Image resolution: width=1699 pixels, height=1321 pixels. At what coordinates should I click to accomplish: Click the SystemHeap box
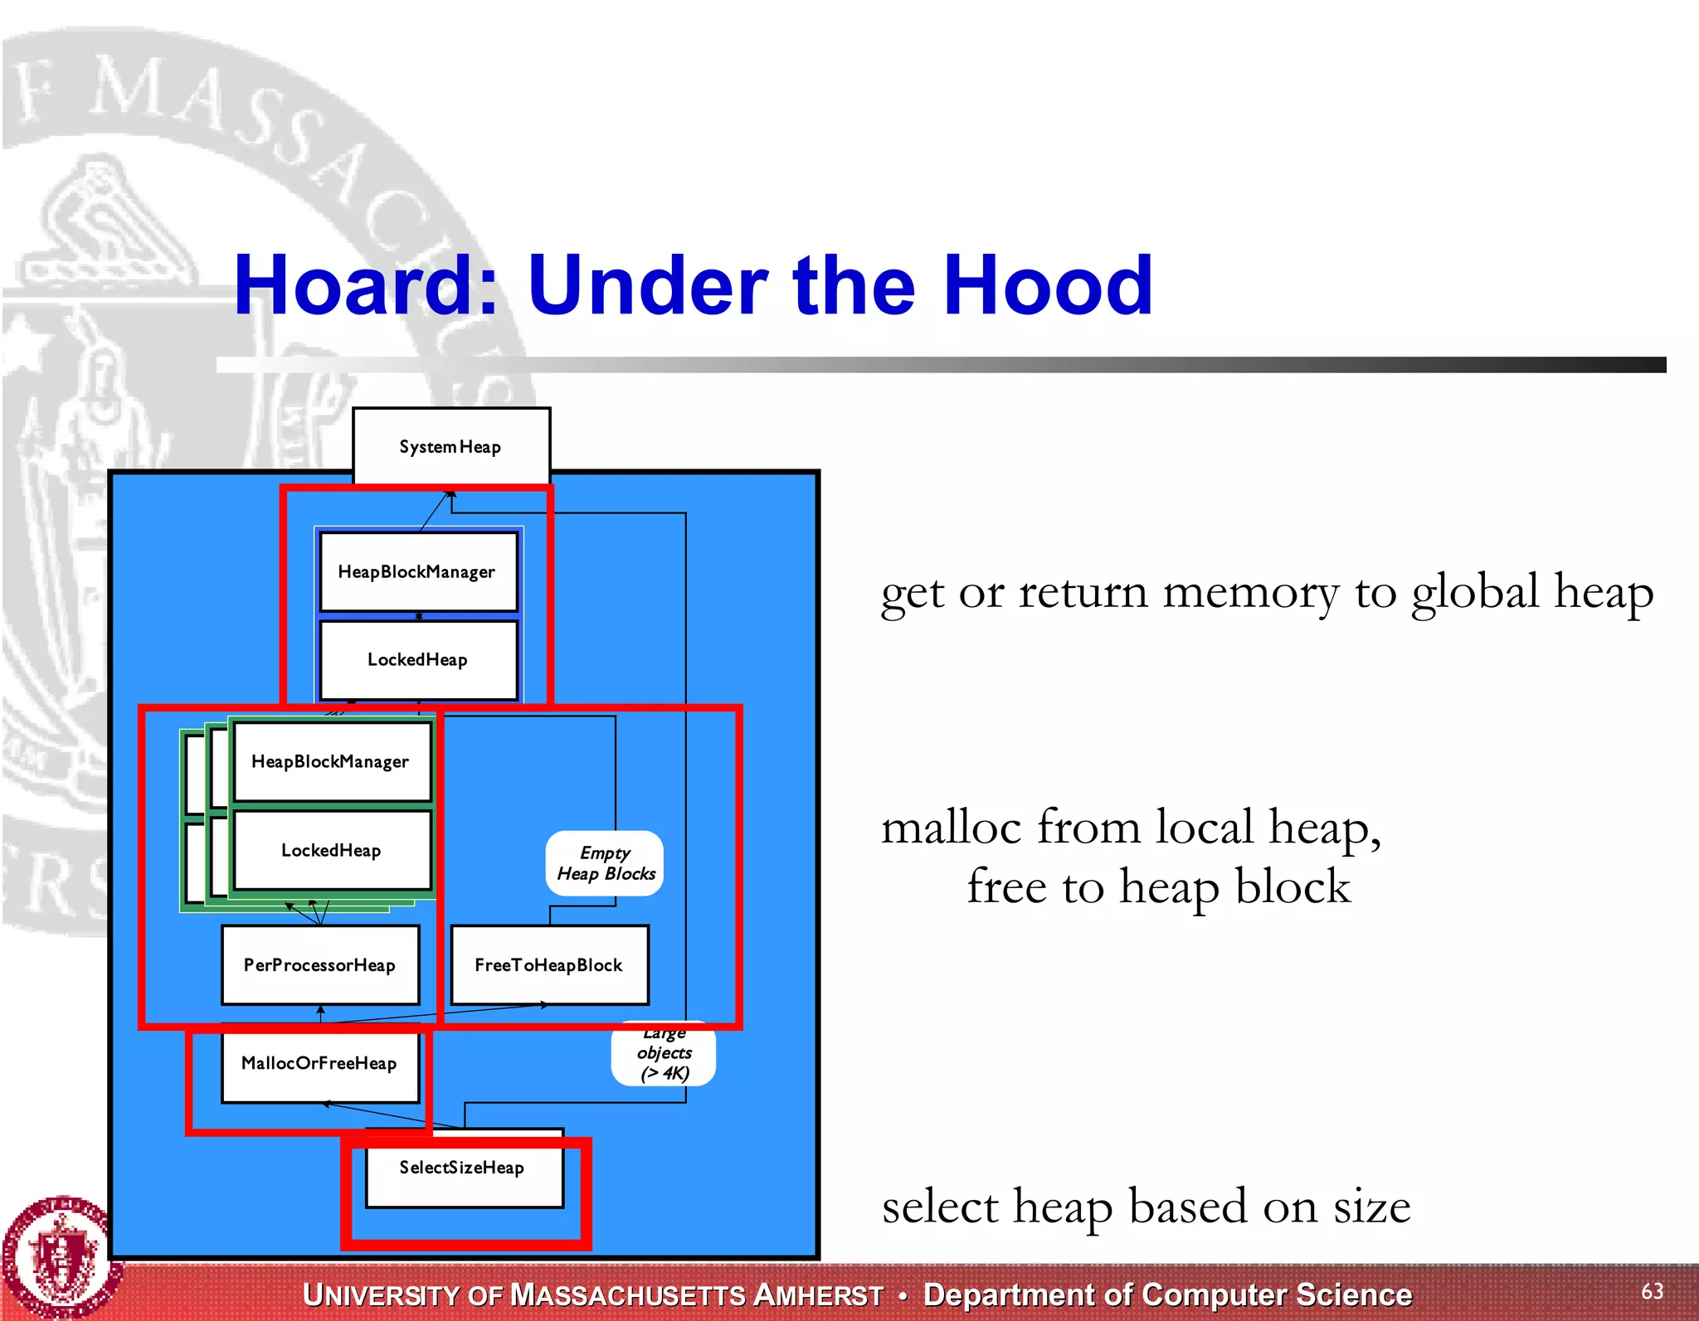tap(450, 446)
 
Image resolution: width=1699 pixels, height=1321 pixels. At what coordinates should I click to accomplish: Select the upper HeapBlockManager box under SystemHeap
tap(417, 571)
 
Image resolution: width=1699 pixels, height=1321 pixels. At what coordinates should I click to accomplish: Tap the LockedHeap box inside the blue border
tap(417, 660)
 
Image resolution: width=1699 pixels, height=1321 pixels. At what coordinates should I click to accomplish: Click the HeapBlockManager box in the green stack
tap(331, 761)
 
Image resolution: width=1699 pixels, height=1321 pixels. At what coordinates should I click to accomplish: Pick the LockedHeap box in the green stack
tap(331, 850)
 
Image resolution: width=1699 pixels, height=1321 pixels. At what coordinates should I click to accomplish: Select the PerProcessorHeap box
tap(319, 964)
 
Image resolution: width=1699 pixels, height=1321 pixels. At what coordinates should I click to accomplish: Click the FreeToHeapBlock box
tap(548, 964)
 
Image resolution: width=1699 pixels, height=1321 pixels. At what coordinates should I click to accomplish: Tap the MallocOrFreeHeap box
tap(319, 1063)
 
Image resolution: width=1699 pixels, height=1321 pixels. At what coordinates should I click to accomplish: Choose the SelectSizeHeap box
tap(462, 1168)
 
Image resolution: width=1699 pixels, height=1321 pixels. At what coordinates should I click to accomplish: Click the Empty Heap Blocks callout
tap(605, 863)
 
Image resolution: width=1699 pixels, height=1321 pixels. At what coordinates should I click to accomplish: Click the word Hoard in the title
tap(365, 286)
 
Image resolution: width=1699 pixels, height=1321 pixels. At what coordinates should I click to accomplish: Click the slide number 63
tap(1651, 1291)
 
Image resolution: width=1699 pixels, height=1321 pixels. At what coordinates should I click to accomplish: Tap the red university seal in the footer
tap(58, 1256)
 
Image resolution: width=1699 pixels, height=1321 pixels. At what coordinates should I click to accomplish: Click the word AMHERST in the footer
tap(818, 1295)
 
